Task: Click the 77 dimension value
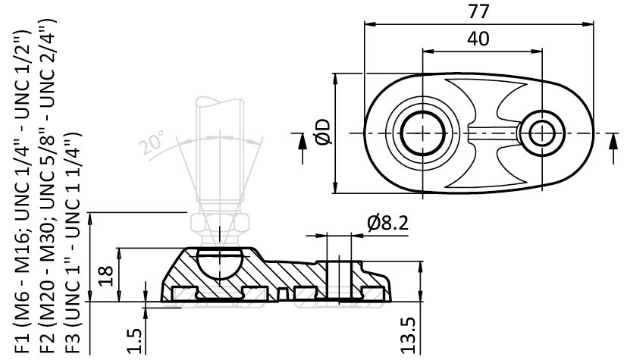[x=480, y=11]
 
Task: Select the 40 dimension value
[x=478, y=39]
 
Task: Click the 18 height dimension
[x=108, y=274]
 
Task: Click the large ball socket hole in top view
[x=422, y=133]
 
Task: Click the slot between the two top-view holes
[x=491, y=133]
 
